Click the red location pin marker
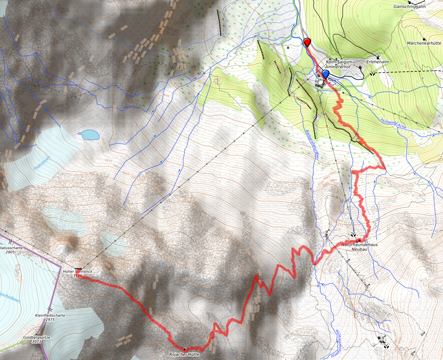point(307,42)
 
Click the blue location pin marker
point(325,75)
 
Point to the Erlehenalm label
point(377,62)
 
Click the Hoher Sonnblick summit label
point(77,271)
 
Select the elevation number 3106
point(77,276)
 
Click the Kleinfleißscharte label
point(49,315)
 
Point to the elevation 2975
point(49,319)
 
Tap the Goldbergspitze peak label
point(37,337)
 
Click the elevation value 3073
point(37,342)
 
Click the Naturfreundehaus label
point(359,244)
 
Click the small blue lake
point(89,135)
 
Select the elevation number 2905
point(11,252)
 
